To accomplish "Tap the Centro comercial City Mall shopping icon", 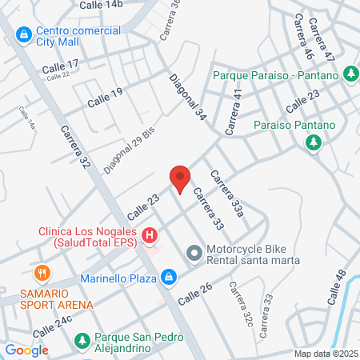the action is (x=24, y=35).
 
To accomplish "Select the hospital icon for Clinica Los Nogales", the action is (x=149, y=236).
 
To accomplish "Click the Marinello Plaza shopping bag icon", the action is (x=168, y=278).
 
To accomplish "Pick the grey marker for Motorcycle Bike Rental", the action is (x=193, y=254).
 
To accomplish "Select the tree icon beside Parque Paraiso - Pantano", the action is (x=350, y=74).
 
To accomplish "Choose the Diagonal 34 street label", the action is (x=188, y=98).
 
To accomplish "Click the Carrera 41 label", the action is (x=233, y=112).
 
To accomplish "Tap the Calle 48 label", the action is (x=338, y=286).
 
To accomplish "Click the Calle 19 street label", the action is (x=105, y=98).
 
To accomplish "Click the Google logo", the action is (x=26, y=350).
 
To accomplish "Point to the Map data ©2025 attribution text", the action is (x=325, y=354).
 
